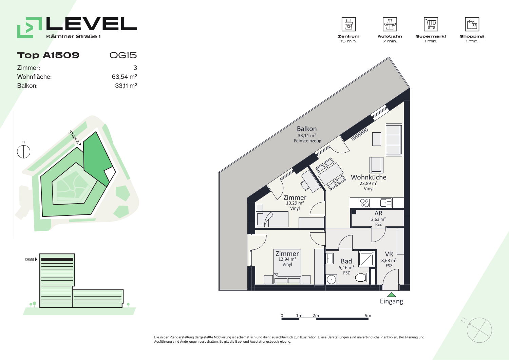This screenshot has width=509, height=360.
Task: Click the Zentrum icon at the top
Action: pyautogui.click(x=348, y=24)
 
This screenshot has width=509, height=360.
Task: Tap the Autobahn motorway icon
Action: pyautogui.click(x=390, y=24)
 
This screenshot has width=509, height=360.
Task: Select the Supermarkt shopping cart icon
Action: pyautogui.click(x=431, y=24)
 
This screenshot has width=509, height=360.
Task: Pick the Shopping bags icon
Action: pyautogui.click(x=472, y=24)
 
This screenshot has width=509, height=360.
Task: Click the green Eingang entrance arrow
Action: pyautogui.click(x=392, y=295)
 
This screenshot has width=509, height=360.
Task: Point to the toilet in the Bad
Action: pyautogui.click(x=362, y=277)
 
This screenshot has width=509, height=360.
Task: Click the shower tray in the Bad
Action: pyautogui.click(x=366, y=259)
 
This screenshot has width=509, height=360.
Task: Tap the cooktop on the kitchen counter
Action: pyautogui.click(x=364, y=203)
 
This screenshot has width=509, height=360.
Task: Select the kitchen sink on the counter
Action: pyautogui.click(x=386, y=203)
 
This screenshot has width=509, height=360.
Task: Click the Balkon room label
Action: pyautogui.click(x=307, y=129)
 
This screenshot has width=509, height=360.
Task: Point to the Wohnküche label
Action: pyautogui.click(x=369, y=177)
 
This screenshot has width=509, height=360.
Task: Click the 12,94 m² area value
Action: pyautogui.click(x=287, y=259)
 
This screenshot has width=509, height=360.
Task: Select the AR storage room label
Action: pyautogui.click(x=378, y=213)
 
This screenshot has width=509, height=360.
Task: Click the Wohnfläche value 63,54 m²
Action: pyautogui.click(x=124, y=77)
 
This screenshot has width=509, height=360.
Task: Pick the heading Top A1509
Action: pyautogui.click(x=48, y=55)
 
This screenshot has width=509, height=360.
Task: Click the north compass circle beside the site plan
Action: pyautogui.click(x=24, y=152)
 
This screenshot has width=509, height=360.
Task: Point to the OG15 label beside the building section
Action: pyautogui.click(x=30, y=259)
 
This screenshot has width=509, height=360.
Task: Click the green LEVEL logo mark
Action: pyautogui.click(x=30, y=27)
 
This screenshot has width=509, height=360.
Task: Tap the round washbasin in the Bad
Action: pyautogui.click(x=331, y=279)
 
